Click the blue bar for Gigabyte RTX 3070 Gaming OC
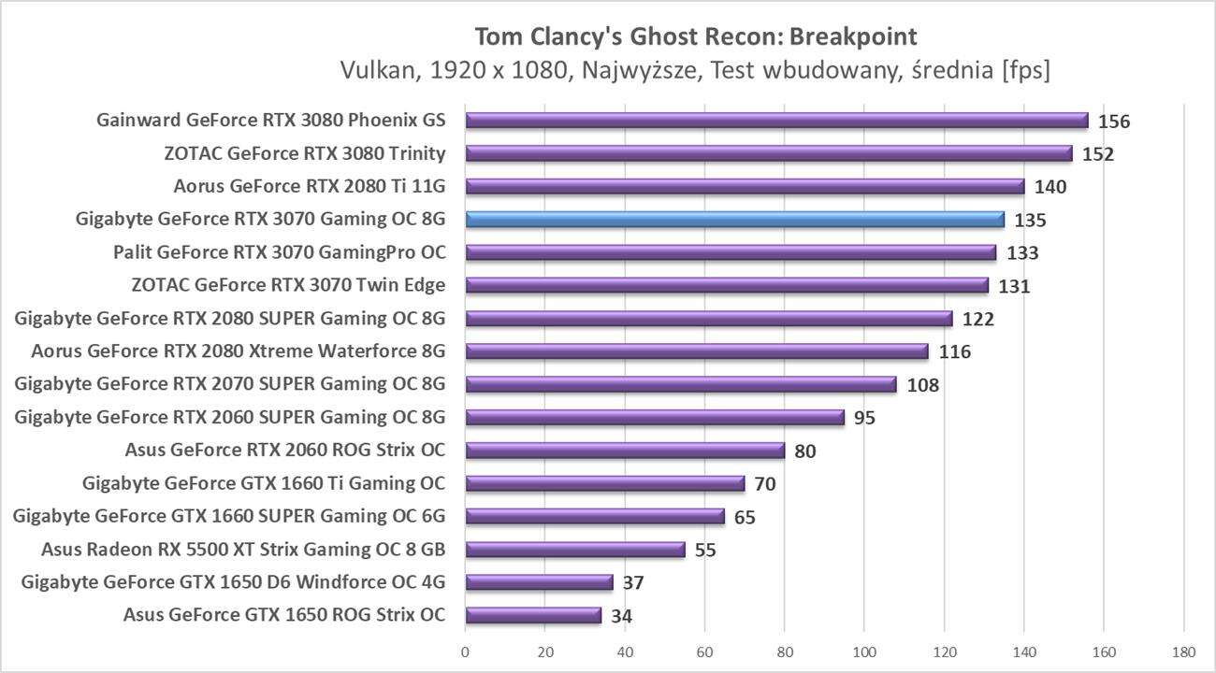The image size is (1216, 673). coord(734,220)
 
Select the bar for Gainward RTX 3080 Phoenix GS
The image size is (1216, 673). coord(776,121)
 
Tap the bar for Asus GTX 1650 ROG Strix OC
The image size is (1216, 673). coord(533,615)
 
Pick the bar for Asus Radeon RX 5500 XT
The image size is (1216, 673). coord(575,550)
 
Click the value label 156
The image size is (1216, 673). coord(1114,122)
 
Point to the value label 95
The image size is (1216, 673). coord(864,418)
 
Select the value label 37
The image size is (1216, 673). coord(633,582)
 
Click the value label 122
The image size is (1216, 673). coord(977,319)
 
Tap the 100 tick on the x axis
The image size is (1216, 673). coord(864,652)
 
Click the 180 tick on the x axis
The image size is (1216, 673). coord(1183,652)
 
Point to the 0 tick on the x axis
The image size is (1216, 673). coord(465,652)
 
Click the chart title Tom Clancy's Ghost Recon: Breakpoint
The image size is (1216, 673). coord(696,36)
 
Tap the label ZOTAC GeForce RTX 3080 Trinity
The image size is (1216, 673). coord(305,153)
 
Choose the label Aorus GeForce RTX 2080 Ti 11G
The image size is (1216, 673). coord(310,186)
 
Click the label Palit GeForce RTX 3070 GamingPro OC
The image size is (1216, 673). coord(280,252)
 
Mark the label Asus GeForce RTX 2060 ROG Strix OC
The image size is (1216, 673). coord(285,451)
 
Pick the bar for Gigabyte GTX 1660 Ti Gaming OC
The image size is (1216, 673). coord(604,483)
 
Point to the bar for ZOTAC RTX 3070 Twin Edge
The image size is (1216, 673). coord(726,285)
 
